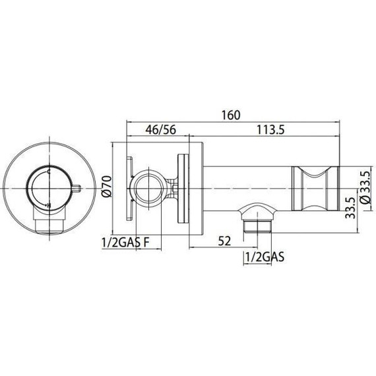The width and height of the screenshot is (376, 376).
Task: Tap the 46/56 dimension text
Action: coord(151,130)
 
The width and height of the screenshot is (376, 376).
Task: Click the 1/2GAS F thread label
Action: coord(124,241)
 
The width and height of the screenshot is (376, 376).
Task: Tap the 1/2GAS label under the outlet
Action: coord(263,257)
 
